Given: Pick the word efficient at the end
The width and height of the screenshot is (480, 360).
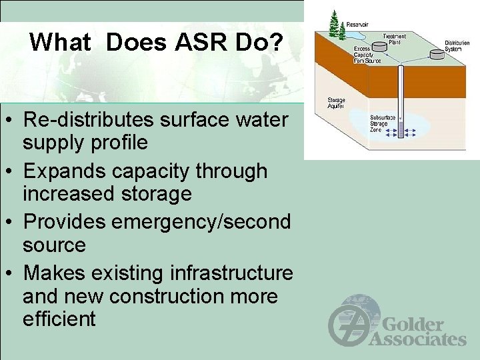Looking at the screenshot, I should (59, 319).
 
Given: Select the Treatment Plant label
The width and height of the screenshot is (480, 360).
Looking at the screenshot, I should (394, 39).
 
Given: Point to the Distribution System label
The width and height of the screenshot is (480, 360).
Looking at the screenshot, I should (457, 45).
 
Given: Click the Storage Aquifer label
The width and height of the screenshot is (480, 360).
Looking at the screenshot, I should (336, 103).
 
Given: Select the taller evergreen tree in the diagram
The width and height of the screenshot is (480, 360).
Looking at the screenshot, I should (333, 23).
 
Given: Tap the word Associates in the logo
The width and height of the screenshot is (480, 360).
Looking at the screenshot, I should (417, 339).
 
